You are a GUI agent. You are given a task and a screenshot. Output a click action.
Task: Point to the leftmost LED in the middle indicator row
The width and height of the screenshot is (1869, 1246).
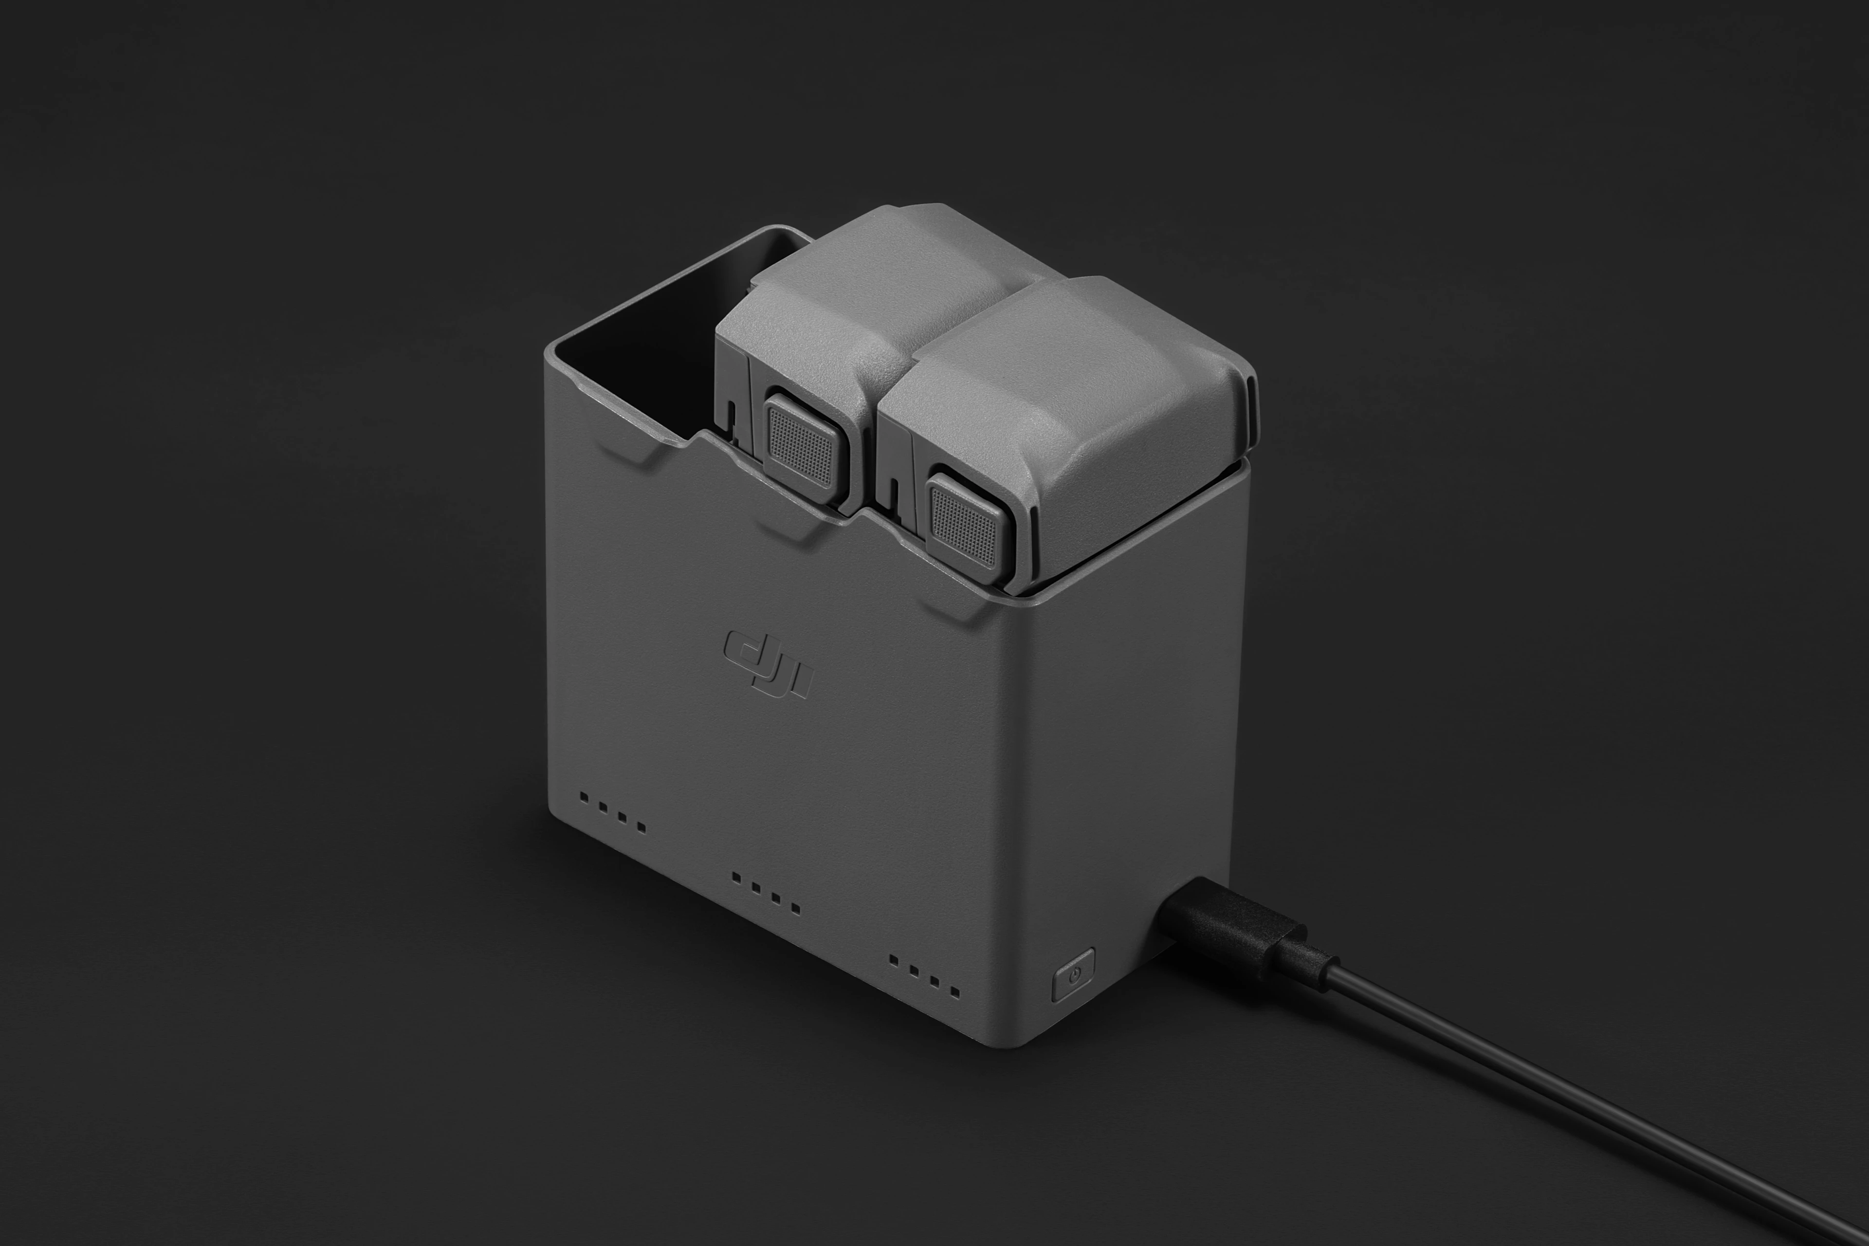[736, 877]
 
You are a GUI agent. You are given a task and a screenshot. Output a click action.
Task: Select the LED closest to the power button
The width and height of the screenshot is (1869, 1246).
[954, 992]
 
